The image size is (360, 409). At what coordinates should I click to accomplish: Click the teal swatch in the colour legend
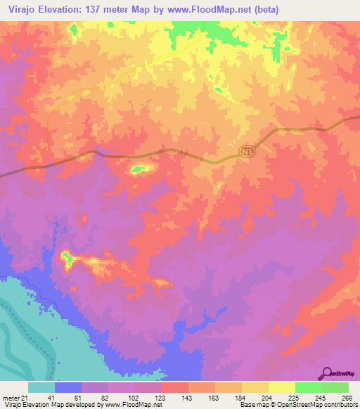41,387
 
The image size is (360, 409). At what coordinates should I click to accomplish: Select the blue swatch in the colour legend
68,387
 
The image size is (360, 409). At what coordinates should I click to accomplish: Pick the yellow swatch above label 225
281,387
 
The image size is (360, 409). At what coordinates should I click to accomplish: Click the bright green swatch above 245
308,387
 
